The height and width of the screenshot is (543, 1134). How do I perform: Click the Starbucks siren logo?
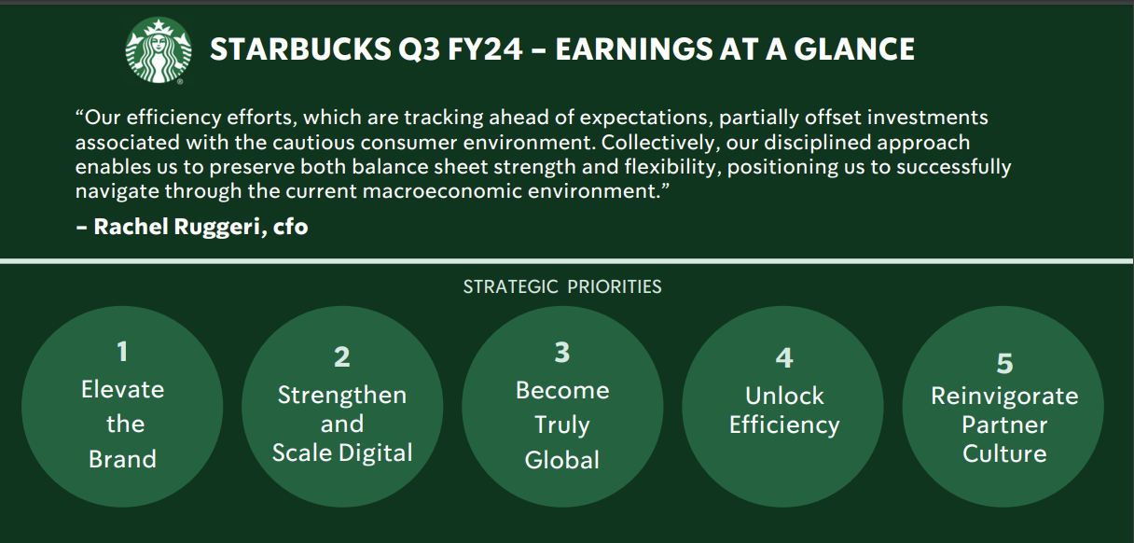(159, 49)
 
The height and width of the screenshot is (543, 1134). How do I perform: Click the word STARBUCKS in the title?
(300, 49)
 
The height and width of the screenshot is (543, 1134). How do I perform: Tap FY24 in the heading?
(485, 49)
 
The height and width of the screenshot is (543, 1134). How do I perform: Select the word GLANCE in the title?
(854, 49)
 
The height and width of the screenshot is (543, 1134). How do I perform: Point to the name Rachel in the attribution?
(131, 227)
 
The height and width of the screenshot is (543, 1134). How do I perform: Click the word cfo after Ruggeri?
(291, 227)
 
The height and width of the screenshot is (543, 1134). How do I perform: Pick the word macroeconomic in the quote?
(442, 191)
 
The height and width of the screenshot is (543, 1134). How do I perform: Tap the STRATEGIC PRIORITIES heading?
(562, 286)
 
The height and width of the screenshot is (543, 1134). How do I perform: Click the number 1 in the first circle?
(122, 352)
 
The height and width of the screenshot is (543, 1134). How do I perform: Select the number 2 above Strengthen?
(342, 356)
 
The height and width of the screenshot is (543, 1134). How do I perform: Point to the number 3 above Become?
(562, 352)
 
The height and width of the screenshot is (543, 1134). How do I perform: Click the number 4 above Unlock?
(784, 357)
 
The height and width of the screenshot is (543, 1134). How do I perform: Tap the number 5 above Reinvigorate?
(1005, 363)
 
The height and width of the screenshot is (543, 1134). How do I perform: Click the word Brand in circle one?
(122, 459)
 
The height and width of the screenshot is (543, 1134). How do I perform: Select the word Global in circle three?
(562, 460)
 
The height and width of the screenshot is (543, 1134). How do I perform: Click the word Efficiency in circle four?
(784, 425)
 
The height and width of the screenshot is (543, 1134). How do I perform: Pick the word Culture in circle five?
(1004, 453)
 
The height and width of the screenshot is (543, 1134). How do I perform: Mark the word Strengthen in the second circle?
(342, 395)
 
